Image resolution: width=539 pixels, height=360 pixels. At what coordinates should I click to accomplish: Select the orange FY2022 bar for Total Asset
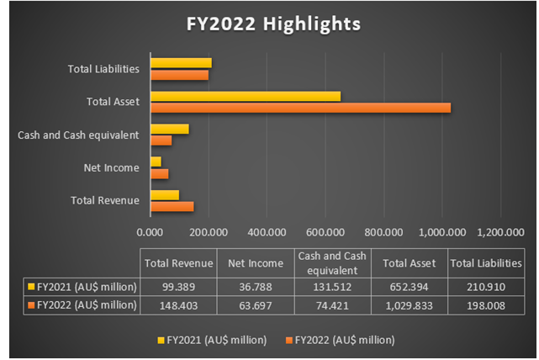click(x=300, y=108)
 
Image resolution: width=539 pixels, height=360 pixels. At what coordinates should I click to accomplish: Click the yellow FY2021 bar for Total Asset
click(x=246, y=96)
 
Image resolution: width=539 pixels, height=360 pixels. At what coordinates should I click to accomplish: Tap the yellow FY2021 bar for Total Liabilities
click(x=181, y=63)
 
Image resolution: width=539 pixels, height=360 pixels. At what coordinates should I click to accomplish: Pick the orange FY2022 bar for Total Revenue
click(x=172, y=206)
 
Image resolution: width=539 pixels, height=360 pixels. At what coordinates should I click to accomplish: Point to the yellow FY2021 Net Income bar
click(x=156, y=161)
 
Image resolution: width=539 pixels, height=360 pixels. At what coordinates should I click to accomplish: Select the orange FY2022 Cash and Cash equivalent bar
click(x=161, y=140)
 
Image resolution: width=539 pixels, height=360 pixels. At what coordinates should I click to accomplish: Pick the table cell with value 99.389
click(x=178, y=285)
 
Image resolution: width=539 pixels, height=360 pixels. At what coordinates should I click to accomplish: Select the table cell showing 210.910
click(x=487, y=285)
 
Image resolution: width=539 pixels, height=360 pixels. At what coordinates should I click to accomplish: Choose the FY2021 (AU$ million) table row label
click(x=81, y=285)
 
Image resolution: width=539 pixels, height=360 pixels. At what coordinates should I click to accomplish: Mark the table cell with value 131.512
click(x=332, y=285)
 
